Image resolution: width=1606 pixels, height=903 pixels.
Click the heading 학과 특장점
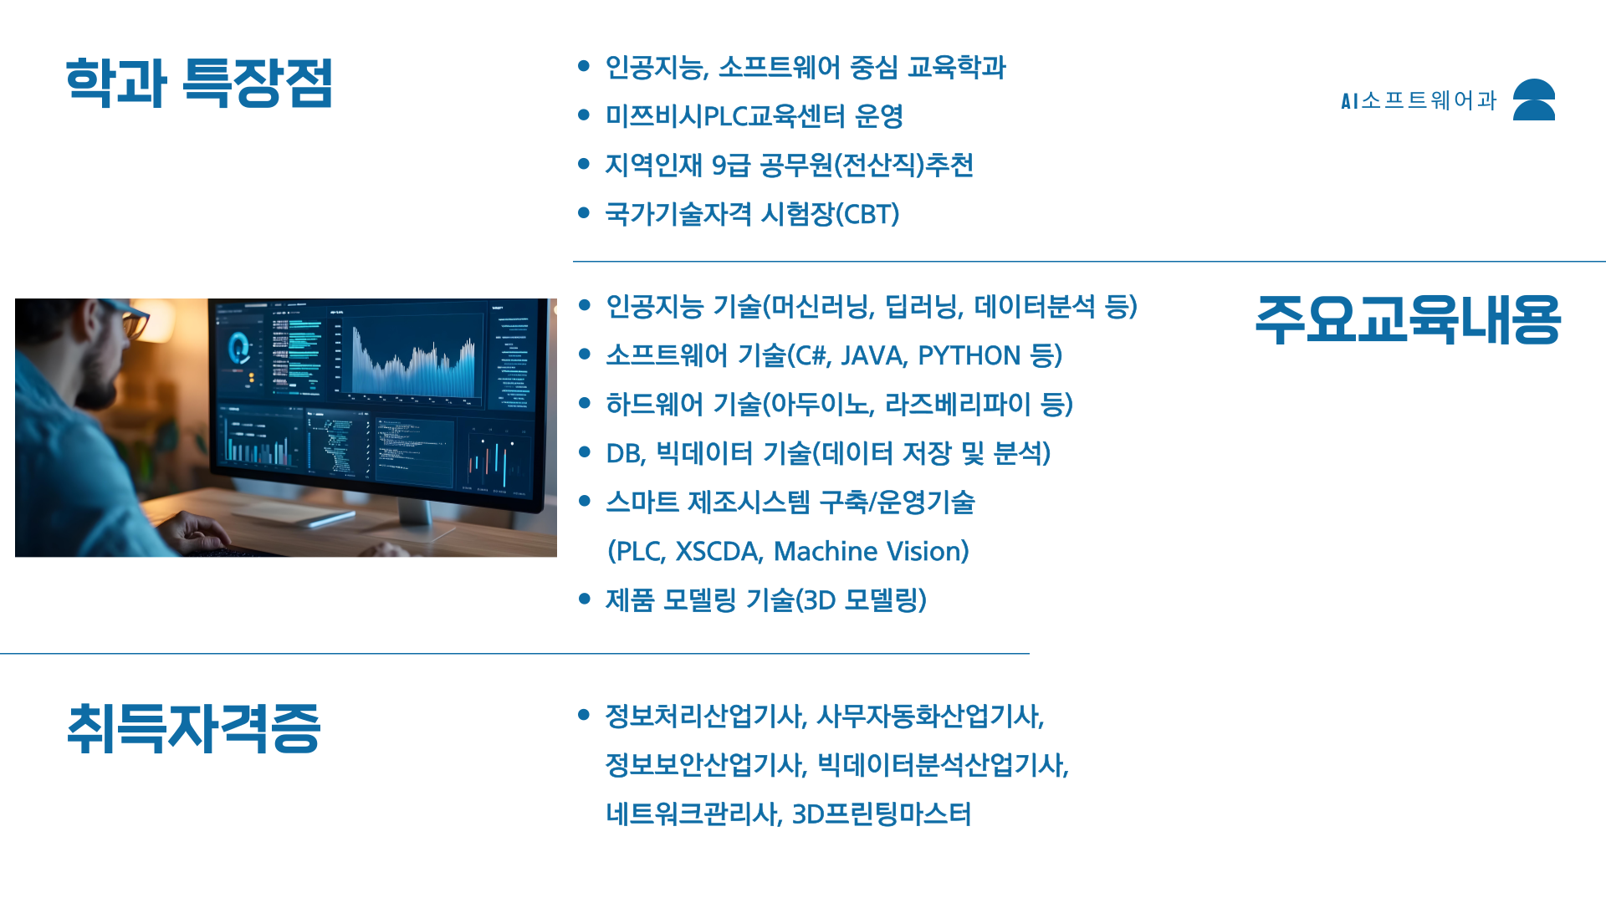pos(199,83)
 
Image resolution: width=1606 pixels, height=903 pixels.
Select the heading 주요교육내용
pos(1408,319)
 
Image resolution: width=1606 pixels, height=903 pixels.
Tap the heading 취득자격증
pos(193,728)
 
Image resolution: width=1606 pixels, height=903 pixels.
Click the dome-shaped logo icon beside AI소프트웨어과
pos(1534,99)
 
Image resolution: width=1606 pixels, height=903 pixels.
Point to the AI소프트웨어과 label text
pos(1419,100)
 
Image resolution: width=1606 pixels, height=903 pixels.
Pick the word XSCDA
pos(718,552)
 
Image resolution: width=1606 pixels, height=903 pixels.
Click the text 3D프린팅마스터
pos(881,814)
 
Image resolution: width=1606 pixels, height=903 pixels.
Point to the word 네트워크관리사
pos(693,814)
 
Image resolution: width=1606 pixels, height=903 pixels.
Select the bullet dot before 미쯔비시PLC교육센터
pos(584,115)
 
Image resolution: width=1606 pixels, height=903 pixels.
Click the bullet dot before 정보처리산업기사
pos(584,714)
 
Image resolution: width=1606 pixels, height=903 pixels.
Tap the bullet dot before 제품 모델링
pos(584,599)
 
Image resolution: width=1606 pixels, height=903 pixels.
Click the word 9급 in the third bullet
pos(731,166)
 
